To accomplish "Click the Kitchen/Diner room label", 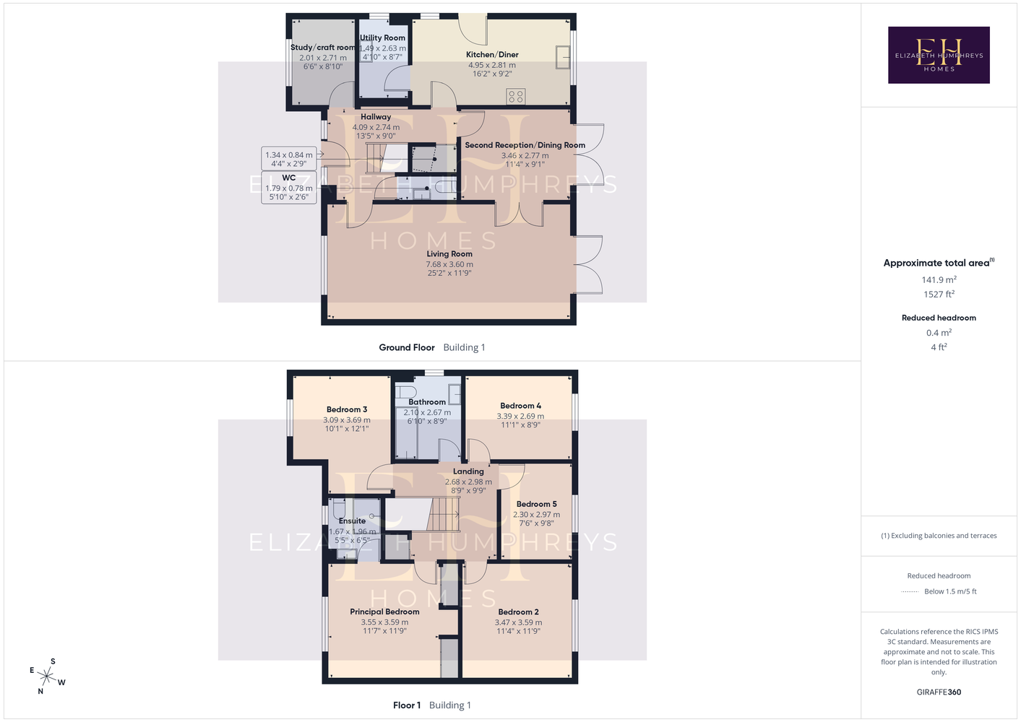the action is click(x=492, y=55).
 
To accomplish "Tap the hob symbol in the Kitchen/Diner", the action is click(x=515, y=97).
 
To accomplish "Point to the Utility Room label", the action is click(x=382, y=38).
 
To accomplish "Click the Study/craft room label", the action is click(x=323, y=48).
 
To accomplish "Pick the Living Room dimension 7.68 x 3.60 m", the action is click(x=449, y=264).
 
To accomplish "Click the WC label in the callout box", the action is click(x=288, y=178).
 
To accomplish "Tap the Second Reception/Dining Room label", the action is click(x=525, y=145).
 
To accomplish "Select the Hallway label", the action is click(x=376, y=117).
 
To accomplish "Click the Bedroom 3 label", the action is click(x=347, y=409).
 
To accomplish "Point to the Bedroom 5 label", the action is click(x=536, y=504).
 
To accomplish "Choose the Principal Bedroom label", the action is click(x=384, y=612).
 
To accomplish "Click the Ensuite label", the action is click(x=353, y=521).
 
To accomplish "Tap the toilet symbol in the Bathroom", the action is click(x=406, y=393).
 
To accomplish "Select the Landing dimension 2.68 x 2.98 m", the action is click(x=468, y=482).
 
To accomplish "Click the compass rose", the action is click(x=46, y=677).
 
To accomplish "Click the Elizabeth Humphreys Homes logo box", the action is click(x=939, y=55).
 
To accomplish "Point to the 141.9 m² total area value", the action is click(x=939, y=279).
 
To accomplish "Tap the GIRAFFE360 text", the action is click(x=939, y=692).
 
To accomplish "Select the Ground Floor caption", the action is click(x=407, y=347).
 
